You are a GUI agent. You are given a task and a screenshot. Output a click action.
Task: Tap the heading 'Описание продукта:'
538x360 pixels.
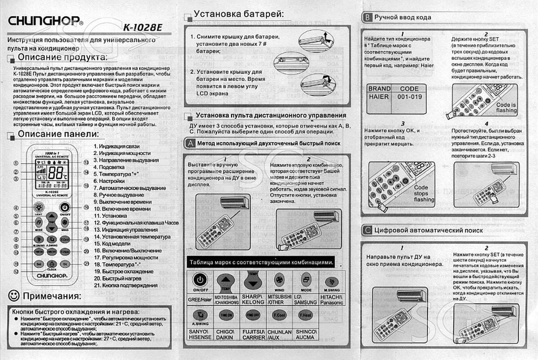pos(62,57)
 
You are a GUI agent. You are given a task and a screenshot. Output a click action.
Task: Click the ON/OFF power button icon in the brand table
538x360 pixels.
pos(200,280)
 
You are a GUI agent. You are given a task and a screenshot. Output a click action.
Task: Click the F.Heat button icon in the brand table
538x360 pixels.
pos(305,315)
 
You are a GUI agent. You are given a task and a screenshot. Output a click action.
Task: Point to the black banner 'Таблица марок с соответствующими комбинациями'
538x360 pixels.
pos(261,262)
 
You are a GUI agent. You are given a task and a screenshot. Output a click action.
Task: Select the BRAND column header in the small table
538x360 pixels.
pos(379,89)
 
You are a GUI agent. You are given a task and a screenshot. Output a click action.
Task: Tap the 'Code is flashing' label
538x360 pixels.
pos(506,108)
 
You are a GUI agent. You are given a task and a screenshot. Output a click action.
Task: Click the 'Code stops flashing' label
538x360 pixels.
pos(424,193)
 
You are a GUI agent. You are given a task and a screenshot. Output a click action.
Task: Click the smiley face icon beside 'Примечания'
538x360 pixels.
pos(14,295)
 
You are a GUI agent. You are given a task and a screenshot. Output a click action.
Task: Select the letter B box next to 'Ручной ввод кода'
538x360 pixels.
pos(367,17)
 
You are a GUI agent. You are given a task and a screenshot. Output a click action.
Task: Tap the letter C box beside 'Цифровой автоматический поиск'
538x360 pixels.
pos(367,230)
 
